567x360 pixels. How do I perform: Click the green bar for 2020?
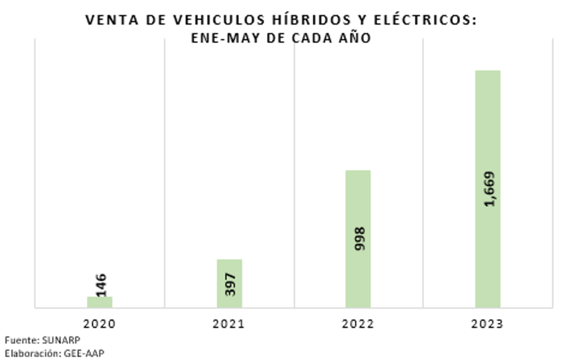100,302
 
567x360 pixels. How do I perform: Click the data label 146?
101,285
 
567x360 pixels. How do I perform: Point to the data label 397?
230,283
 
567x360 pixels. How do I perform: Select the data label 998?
359,239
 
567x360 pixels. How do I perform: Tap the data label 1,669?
489,189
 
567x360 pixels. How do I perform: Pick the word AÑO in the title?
355,38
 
